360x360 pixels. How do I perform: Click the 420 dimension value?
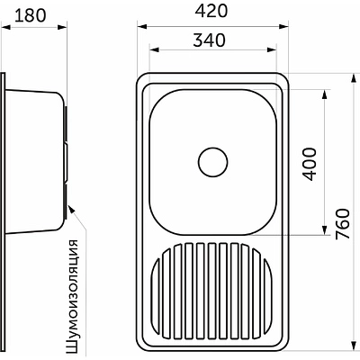[x=211, y=12]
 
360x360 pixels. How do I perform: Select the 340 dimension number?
[x=209, y=40]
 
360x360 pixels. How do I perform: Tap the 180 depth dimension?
[x=31, y=15]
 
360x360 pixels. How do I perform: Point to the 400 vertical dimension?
[x=310, y=164]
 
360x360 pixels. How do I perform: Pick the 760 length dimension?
[x=343, y=224]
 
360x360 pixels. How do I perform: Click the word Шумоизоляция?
[x=71, y=299]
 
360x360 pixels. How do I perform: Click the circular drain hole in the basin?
[x=213, y=162]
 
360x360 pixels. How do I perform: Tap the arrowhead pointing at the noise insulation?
[x=71, y=209]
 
